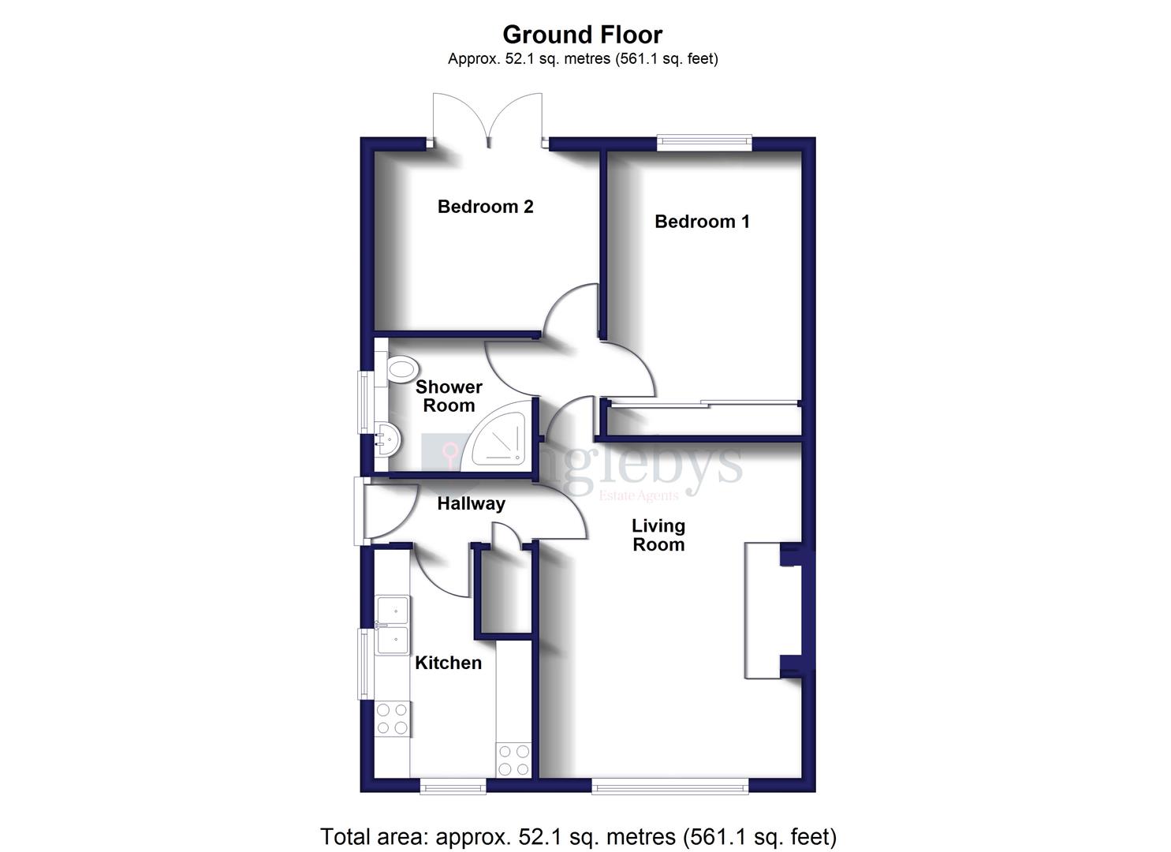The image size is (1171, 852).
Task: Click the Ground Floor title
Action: coord(582,35)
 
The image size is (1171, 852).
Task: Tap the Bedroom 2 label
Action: coord(485,207)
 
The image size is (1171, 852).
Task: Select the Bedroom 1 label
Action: coord(702,222)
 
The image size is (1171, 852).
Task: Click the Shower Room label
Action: coord(449,396)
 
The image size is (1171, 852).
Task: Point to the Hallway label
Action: coord(471,503)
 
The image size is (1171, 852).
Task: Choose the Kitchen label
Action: coord(448,663)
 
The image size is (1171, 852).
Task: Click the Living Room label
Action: coord(658,535)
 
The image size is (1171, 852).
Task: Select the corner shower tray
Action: coord(499,442)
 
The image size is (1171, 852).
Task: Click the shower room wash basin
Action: coord(386,439)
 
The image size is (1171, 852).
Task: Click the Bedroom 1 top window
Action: coord(704,142)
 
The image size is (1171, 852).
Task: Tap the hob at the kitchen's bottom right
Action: coord(513,760)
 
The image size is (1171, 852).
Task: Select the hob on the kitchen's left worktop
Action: coord(392,718)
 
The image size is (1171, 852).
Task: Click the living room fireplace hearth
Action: coord(762,610)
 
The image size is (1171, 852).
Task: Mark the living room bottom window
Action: coord(669,786)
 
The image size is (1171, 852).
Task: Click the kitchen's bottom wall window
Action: coord(453,786)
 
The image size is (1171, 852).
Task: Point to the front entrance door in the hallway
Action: coord(360,510)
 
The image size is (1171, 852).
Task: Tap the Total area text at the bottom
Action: coord(578,836)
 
